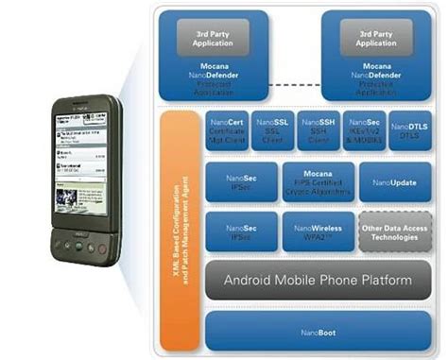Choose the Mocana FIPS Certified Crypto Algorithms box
coord(318,181)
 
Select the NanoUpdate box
coord(395,181)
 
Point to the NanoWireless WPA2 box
coord(318,231)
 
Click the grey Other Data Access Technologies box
coord(395,231)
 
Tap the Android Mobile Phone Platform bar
coord(319,281)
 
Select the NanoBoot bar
coord(319,330)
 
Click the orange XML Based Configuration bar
coord(178,227)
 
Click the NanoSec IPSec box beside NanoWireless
coord(240,231)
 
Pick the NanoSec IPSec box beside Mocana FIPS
coord(240,181)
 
